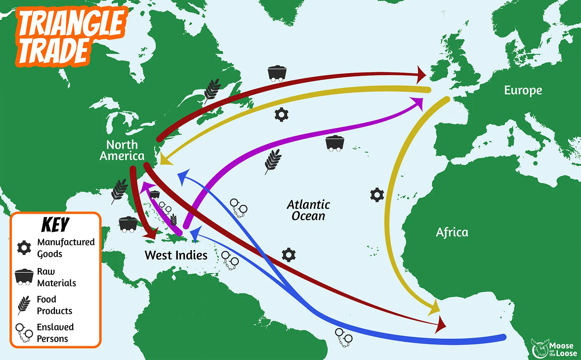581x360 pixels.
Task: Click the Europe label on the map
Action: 523,90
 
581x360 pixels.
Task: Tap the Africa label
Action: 452,232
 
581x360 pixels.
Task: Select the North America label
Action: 122,150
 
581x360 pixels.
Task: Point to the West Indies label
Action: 176,255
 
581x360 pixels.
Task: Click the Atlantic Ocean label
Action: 308,210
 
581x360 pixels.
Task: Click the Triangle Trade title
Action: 70,37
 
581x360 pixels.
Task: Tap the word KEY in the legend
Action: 55,225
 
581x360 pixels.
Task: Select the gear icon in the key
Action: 24,248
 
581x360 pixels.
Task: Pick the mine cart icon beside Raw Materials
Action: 24,277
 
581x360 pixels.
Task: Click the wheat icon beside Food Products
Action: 24,305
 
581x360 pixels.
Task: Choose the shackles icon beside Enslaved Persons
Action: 24,333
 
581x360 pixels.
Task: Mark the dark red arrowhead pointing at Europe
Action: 421,75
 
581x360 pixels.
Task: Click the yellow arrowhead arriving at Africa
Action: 435,308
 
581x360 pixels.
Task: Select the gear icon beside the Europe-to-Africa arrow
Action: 377,195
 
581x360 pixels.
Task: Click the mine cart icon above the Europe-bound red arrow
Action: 277,73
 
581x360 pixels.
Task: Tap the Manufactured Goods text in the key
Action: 66,248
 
